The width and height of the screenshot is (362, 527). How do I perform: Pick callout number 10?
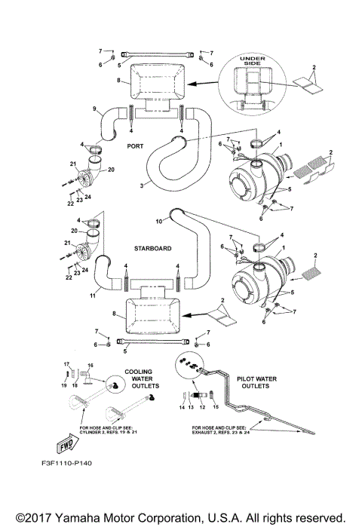[158, 221]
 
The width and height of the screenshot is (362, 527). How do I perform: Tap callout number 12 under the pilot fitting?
[202, 407]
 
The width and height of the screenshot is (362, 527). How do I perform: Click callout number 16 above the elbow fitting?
[90, 363]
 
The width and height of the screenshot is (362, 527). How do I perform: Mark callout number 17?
[66, 363]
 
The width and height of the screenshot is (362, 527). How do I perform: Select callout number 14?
[182, 407]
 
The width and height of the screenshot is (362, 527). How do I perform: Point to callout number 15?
[216, 407]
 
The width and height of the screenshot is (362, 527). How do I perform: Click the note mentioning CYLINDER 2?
[106, 432]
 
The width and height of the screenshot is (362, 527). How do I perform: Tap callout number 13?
[192, 407]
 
